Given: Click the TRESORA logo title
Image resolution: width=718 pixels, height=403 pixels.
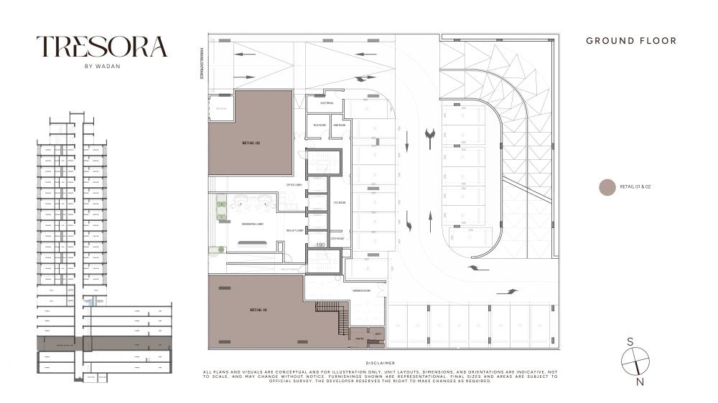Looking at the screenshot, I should click(x=102, y=47).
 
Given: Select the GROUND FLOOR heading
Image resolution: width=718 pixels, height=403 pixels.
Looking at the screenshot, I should click(x=631, y=41).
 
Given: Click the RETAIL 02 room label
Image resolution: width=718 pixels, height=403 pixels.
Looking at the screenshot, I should click(x=251, y=143).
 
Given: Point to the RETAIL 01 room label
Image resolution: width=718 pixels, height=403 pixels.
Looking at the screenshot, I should click(x=258, y=310).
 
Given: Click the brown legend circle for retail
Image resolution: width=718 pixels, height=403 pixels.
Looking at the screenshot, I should click(x=607, y=187).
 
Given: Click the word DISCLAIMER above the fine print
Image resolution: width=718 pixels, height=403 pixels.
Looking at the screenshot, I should click(x=380, y=364).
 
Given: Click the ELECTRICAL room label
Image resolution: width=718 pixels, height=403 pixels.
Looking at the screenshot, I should click(x=327, y=103).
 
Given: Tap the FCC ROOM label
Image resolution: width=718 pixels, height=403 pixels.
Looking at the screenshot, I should click(x=340, y=203).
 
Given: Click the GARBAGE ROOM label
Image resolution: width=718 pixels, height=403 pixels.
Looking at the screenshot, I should click(x=360, y=290).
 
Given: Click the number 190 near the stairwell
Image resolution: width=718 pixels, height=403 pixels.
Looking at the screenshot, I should click(x=320, y=245).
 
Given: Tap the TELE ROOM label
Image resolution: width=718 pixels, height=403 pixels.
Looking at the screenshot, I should click(x=319, y=125).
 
